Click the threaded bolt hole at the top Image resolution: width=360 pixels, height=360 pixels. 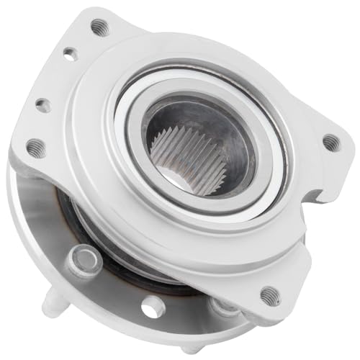[x=100, y=27]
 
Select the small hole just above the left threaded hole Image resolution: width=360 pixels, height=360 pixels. [x=43, y=105]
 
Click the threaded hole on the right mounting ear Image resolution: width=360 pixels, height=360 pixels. [x=330, y=143]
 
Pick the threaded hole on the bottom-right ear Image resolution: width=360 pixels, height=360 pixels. [x=270, y=294]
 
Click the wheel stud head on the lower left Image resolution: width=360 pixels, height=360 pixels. [x=84, y=260]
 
